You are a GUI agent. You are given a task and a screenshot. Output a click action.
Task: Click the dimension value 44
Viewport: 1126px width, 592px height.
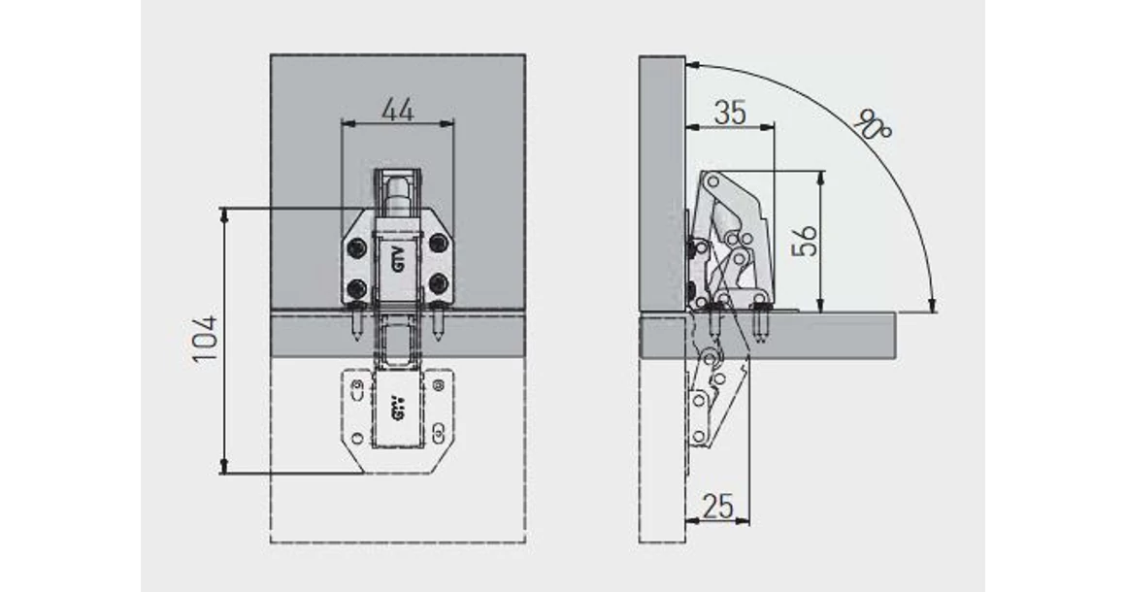(x=397, y=111)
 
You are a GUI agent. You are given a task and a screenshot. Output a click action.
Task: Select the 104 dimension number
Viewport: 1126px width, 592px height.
(x=206, y=338)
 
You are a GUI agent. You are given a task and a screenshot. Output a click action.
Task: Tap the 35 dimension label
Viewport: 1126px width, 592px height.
(x=730, y=114)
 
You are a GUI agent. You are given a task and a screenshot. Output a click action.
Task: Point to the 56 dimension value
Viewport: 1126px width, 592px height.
(x=806, y=241)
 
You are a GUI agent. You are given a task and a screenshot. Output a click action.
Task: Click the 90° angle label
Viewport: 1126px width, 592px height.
(x=874, y=125)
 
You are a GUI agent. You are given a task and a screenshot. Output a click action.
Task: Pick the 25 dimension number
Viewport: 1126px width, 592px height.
(x=717, y=507)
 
